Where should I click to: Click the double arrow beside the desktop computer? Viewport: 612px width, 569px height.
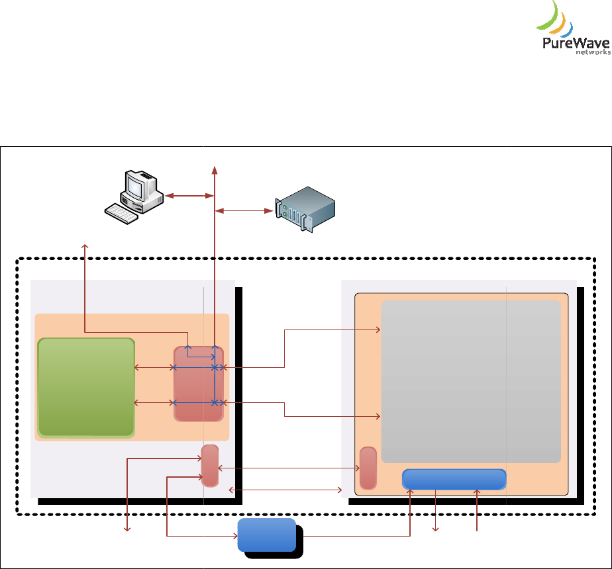coord(188,196)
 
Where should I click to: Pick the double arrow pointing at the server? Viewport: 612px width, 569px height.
coord(246,211)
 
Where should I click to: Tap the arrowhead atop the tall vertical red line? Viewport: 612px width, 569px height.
coord(214,169)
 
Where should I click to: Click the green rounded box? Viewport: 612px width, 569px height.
coord(86,387)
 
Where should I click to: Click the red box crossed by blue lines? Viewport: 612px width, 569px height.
coord(198,384)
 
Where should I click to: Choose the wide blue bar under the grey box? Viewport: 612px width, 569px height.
coord(454,479)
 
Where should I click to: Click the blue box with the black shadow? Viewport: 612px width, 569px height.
coord(266,535)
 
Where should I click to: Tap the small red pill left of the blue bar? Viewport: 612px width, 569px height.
coord(368,468)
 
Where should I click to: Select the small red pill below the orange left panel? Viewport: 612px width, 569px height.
coord(209,465)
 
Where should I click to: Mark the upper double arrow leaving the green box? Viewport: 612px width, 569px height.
coord(154,367)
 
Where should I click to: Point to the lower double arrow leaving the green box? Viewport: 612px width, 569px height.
coord(154,402)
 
